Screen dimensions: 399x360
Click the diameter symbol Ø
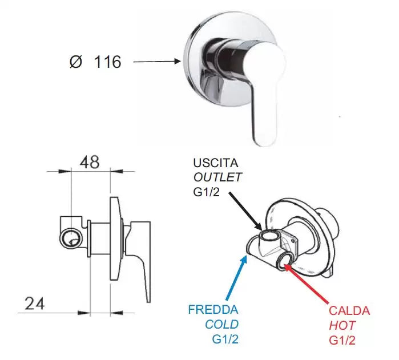(76, 62)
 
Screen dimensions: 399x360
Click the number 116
(108, 62)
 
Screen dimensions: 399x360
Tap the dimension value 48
(90, 162)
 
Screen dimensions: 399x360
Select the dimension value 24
(35, 304)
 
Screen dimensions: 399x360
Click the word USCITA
(216, 163)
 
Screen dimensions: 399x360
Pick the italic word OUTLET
(217, 177)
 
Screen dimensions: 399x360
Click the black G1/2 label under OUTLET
(206, 192)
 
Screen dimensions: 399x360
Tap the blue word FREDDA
(213, 310)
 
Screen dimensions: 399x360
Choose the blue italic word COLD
(222, 325)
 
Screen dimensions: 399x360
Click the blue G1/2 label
(225, 339)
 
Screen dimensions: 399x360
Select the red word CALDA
(349, 310)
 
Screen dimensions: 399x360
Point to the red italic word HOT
(342, 325)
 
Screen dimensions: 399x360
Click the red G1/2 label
(342, 340)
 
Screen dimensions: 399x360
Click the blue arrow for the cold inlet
(237, 277)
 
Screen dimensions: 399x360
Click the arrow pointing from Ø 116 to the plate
(157, 61)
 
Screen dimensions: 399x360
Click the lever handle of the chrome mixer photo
(265, 94)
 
